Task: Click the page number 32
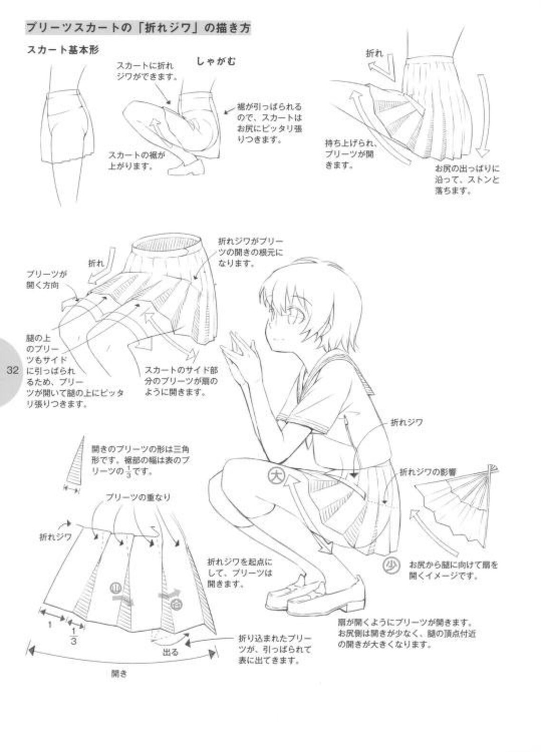coord(12,370)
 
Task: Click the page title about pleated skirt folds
coord(138,28)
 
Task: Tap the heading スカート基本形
coord(63,50)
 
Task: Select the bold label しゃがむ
coord(216,61)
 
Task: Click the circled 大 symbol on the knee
coord(276,475)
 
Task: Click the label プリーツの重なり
coord(138,497)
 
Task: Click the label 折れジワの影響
coord(428,472)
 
